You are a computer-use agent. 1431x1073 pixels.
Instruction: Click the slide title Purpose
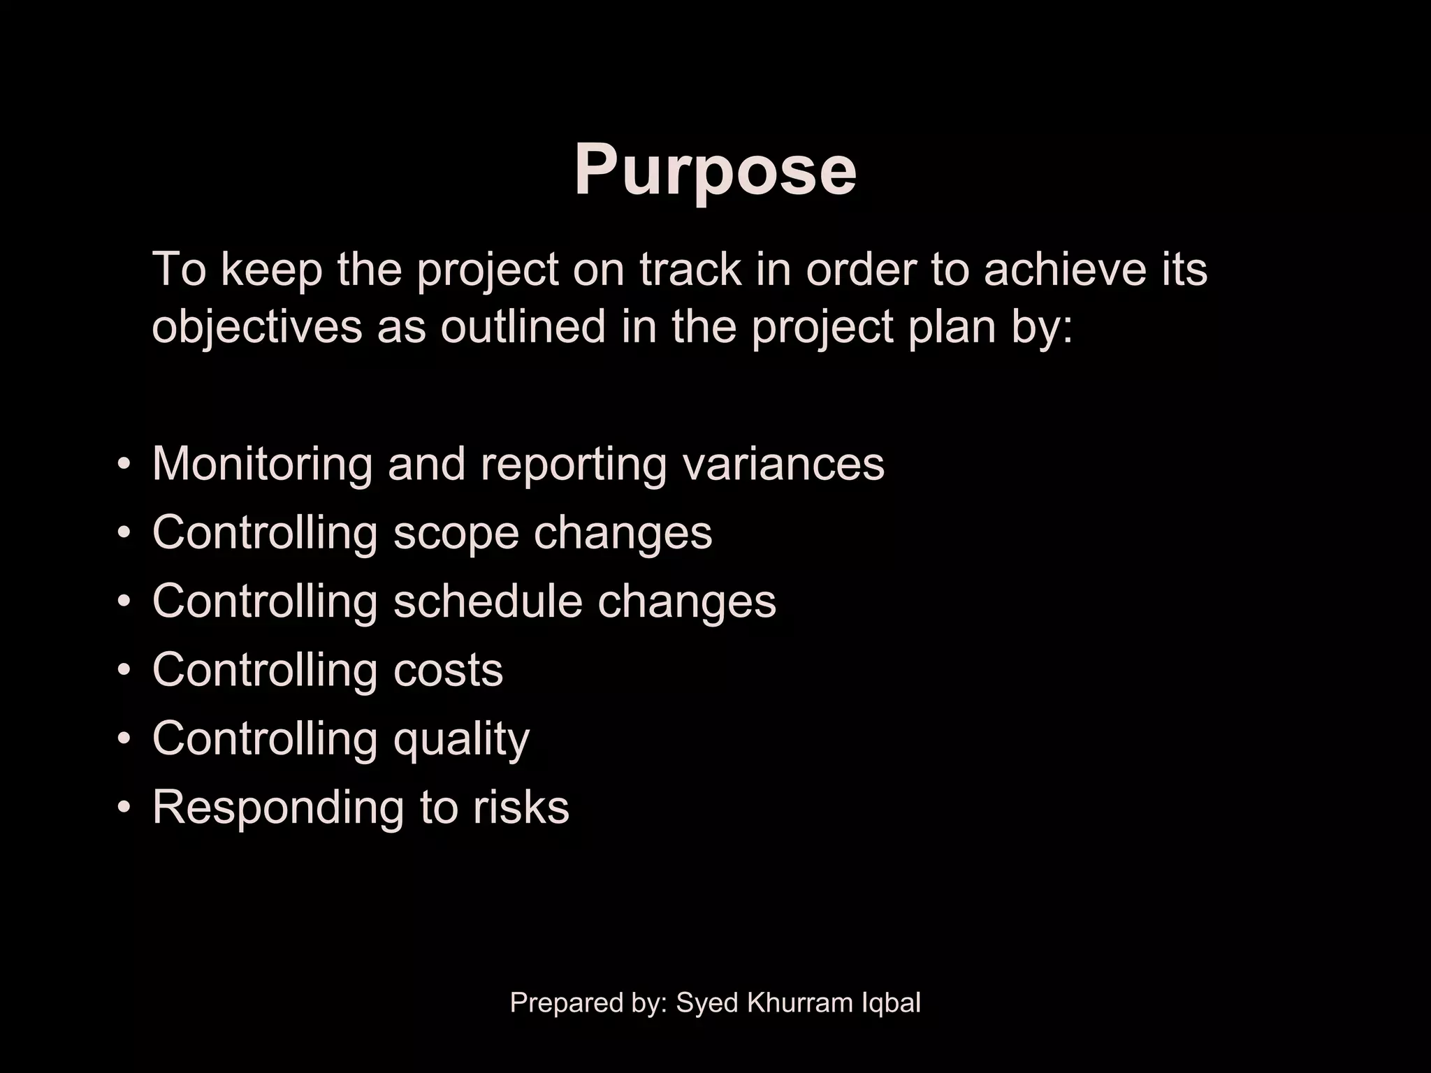click(715, 170)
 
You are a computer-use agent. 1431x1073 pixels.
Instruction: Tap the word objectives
click(256, 327)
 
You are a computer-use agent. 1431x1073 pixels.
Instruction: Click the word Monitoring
click(262, 465)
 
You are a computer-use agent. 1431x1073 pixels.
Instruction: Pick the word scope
click(456, 534)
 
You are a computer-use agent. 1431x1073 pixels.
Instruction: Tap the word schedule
click(487, 601)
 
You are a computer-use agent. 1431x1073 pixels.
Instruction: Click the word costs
click(448, 670)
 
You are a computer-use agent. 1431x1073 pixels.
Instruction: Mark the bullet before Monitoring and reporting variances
click(124, 464)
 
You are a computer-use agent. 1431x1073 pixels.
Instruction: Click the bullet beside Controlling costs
click(124, 671)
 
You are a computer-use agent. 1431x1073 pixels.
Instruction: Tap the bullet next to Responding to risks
click(124, 808)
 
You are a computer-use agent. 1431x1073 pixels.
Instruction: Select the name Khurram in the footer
click(797, 1002)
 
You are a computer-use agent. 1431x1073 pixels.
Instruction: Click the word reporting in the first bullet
click(573, 465)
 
